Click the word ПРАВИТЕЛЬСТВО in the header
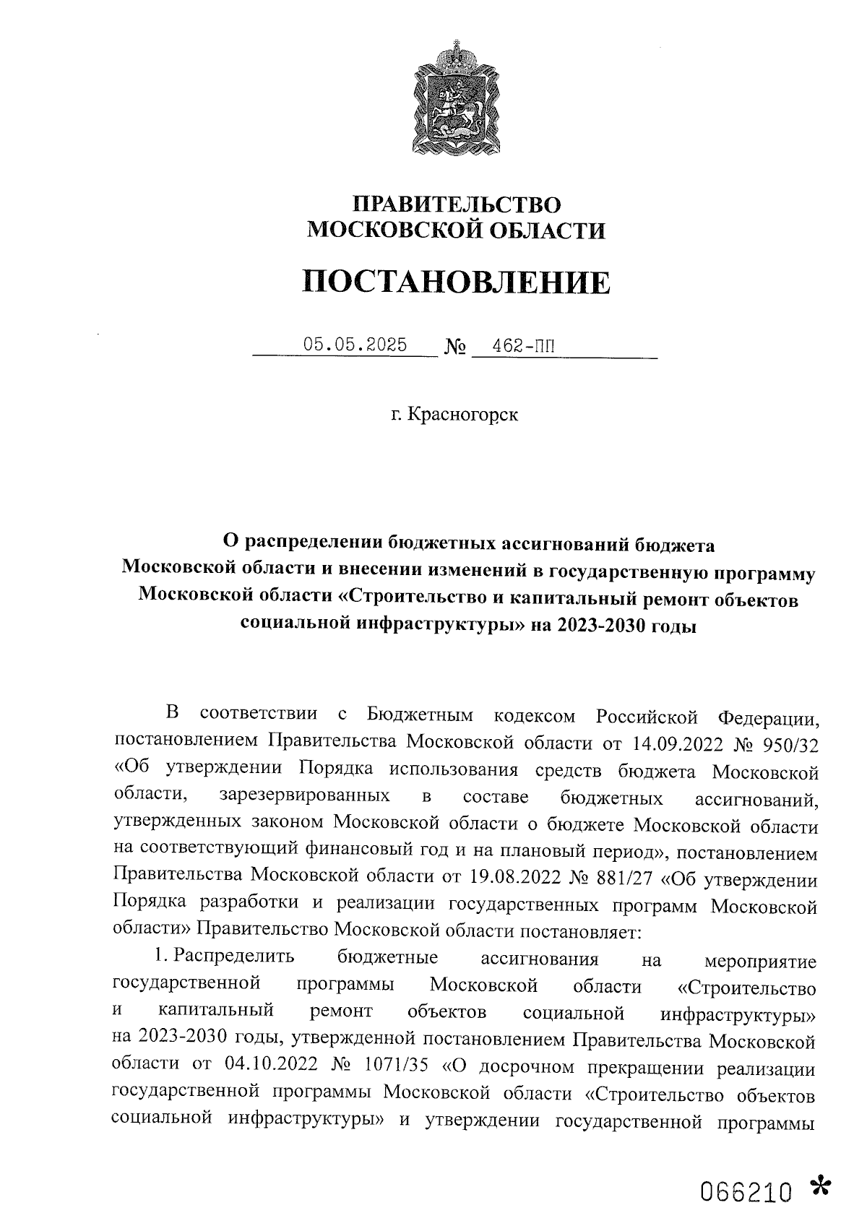456,204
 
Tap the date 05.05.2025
355,345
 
